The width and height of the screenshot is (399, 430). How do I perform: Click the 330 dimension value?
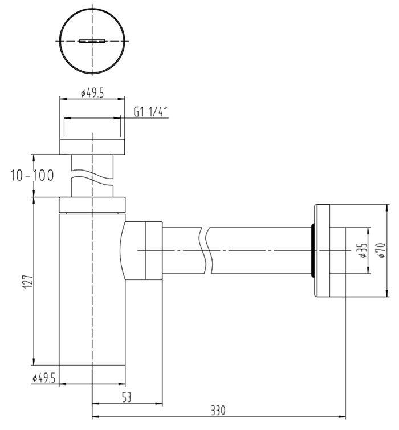pos(218,411)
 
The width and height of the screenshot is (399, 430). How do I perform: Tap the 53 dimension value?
pos(127,397)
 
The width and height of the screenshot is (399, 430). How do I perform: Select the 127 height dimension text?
pos(28,281)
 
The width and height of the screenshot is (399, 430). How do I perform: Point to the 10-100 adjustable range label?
pos(32,176)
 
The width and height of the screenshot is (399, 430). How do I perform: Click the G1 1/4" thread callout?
pos(150,112)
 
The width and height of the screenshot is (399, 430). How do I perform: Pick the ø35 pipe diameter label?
pos(363,250)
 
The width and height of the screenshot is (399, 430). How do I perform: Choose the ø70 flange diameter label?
pos(381,250)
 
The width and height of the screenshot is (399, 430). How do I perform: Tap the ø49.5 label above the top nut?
pos(92,93)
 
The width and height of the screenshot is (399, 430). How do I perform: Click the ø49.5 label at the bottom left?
pos(44,379)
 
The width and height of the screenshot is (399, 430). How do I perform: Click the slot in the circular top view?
pos(92,41)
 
